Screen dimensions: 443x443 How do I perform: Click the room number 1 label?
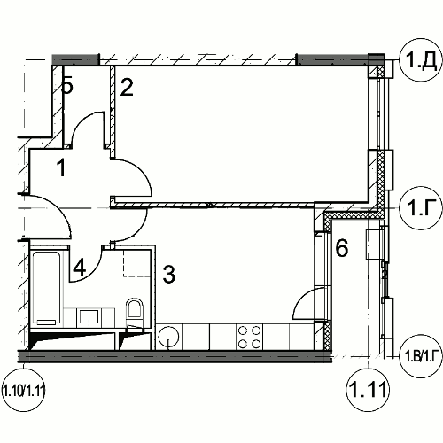(x=61, y=167)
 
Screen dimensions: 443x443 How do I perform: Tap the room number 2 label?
(x=127, y=87)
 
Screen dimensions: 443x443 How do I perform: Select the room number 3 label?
(x=168, y=275)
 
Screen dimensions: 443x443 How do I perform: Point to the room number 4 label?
(x=80, y=268)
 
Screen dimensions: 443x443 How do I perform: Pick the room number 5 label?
(x=67, y=86)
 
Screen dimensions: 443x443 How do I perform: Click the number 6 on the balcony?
(x=342, y=248)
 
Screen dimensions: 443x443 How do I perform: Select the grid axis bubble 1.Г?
(x=421, y=208)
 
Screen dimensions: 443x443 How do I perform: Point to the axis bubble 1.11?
(x=368, y=390)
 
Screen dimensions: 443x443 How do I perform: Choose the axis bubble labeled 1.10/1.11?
(x=23, y=392)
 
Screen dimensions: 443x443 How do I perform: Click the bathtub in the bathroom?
(x=46, y=289)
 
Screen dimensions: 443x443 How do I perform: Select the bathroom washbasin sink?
(x=89, y=318)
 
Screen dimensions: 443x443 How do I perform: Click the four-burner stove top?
(x=250, y=337)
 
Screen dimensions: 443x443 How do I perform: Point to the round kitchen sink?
(x=168, y=337)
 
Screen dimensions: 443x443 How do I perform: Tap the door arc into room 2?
(x=139, y=171)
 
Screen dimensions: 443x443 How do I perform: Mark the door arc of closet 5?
(x=82, y=121)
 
